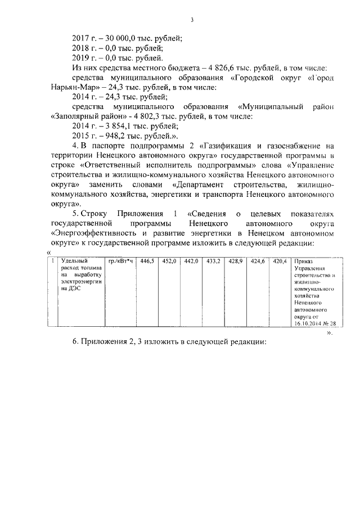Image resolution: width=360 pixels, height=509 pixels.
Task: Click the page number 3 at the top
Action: point(192,21)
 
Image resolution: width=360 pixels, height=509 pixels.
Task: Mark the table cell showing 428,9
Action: point(236,262)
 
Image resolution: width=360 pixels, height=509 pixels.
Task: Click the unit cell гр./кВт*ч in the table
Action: point(120,262)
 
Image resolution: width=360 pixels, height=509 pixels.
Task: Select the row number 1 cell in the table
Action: point(52,262)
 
